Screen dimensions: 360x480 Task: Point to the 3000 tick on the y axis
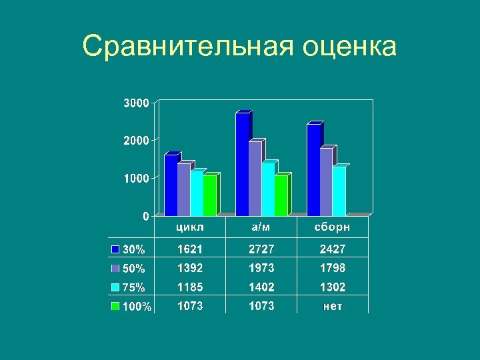point(136,103)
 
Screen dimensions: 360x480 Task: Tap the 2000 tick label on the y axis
point(136,141)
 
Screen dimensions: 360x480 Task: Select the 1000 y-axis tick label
point(136,179)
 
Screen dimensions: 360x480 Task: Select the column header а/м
point(261,227)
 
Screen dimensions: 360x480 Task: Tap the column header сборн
point(332,227)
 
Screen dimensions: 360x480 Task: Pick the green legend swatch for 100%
point(115,307)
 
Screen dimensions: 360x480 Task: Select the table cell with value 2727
point(261,249)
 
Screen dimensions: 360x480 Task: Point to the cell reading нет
point(332,306)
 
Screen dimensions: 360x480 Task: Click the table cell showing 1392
point(191,268)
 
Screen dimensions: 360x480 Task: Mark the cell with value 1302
point(332,287)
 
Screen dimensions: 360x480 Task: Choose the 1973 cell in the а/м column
point(261,268)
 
